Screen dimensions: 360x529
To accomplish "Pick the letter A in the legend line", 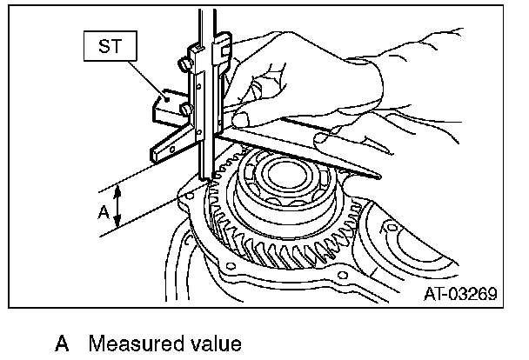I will tap(62, 343).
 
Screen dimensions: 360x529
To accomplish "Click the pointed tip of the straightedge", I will tap(380, 177).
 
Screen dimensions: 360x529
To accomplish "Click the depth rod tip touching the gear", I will tap(209, 180).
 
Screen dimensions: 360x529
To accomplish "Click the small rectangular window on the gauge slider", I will tap(200, 87).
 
